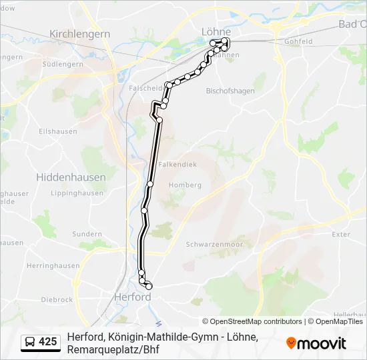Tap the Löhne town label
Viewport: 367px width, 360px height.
click(216, 31)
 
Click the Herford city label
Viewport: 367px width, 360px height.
click(133, 297)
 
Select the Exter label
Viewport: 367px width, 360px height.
click(340, 235)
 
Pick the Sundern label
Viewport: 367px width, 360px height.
click(87, 235)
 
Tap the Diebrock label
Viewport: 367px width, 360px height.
click(57, 300)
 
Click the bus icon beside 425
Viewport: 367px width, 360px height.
click(30, 342)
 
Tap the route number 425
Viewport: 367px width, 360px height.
click(48, 342)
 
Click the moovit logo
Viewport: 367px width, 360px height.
click(316, 343)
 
